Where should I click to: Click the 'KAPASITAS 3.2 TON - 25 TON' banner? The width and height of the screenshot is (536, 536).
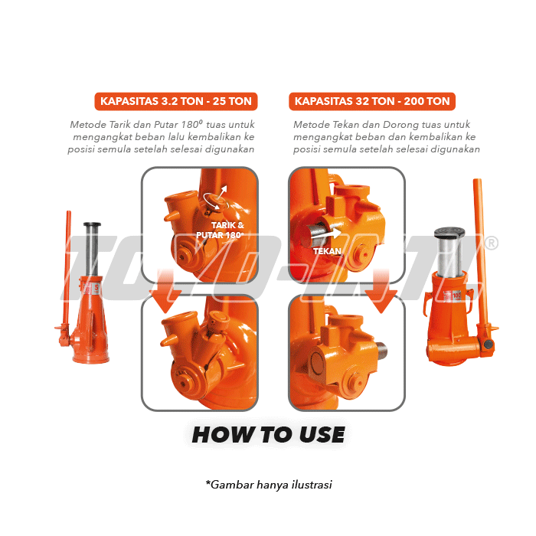coord(176,101)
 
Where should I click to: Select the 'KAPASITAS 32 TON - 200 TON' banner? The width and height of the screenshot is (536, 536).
coord(372,101)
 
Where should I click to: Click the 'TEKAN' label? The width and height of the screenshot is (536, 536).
coord(328,250)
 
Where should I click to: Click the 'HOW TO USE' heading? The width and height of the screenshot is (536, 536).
coord(268,435)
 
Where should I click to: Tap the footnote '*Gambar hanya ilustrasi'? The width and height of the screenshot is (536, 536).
coord(268,484)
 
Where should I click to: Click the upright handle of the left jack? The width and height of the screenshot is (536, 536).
coord(67,268)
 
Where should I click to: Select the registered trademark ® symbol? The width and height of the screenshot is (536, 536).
coord(492,243)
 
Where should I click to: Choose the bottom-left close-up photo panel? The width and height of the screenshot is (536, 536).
coord(199,352)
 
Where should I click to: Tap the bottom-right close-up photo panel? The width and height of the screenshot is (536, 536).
coord(346,352)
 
